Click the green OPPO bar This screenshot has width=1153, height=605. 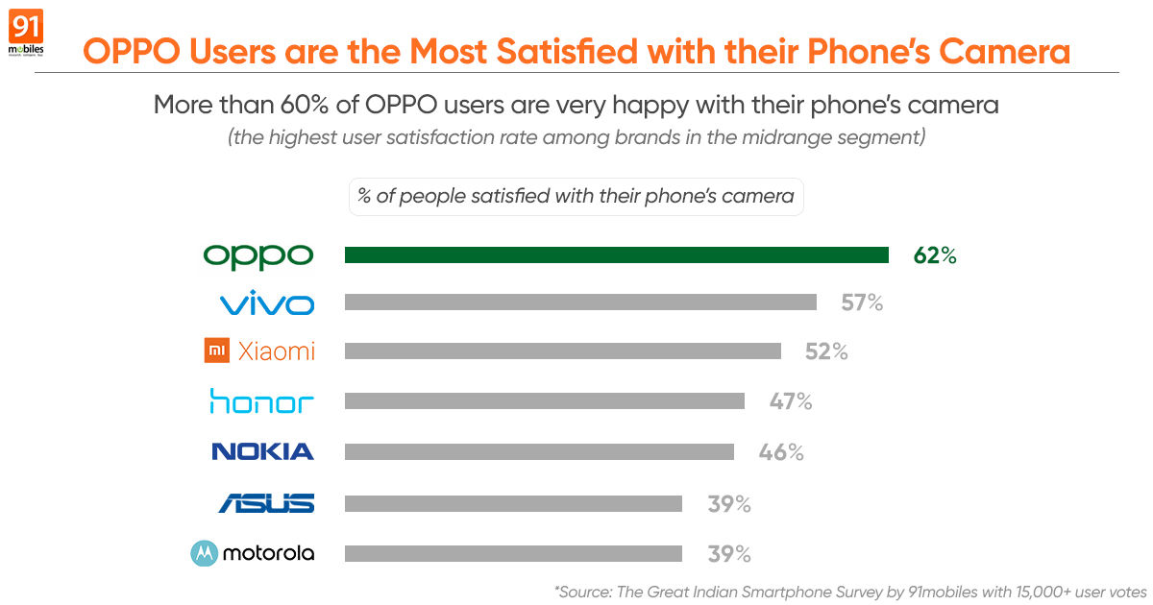click(616, 255)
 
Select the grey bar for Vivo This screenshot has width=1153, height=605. click(580, 302)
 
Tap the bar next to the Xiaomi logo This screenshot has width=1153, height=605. click(562, 351)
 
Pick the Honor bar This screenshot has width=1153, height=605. click(544, 401)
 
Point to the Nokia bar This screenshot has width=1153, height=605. click(539, 451)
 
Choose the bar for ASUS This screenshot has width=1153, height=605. click(513, 503)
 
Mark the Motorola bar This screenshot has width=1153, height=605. click(513, 553)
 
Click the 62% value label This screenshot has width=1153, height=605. click(935, 255)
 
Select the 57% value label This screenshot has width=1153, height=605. click(861, 303)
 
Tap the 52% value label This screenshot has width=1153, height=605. click(826, 352)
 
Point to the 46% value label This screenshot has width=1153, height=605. click(781, 451)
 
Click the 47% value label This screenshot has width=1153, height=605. click(791, 401)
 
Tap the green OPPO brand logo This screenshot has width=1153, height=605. click(258, 255)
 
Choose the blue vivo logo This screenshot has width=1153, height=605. click(266, 305)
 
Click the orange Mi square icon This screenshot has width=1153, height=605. click(217, 351)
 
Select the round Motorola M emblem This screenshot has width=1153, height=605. click(204, 553)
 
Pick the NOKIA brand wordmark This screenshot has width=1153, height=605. click(262, 451)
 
